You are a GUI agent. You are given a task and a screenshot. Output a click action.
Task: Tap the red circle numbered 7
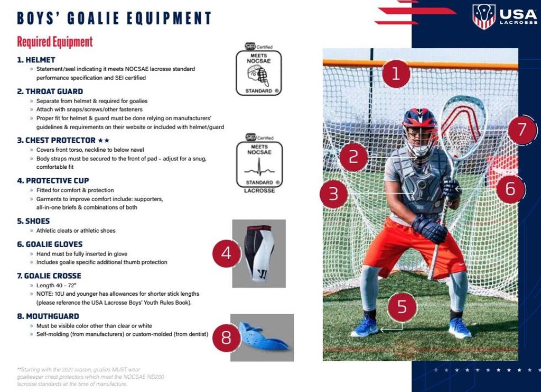tap(522, 129)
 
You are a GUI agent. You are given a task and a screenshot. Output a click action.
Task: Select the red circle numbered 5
tap(402, 307)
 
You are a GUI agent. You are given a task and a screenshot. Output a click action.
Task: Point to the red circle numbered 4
tap(226, 253)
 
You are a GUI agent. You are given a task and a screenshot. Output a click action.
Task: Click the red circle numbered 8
tap(226, 338)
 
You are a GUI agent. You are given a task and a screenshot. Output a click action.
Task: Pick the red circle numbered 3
tap(333, 194)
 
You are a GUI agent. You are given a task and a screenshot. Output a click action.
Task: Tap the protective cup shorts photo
tap(259, 253)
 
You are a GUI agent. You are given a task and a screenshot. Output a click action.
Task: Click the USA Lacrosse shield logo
tap(483, 16)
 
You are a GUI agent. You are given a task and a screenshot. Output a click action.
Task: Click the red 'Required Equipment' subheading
tap(55, 42)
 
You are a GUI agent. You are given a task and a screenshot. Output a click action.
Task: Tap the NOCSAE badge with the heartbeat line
tap(259, 165)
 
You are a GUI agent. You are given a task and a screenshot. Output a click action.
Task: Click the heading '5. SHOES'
tap(34, 221)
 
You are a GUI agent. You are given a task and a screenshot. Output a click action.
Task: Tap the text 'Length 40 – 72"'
tap(57, 285)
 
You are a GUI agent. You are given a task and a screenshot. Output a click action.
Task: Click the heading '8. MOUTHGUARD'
tap(48, 316)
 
